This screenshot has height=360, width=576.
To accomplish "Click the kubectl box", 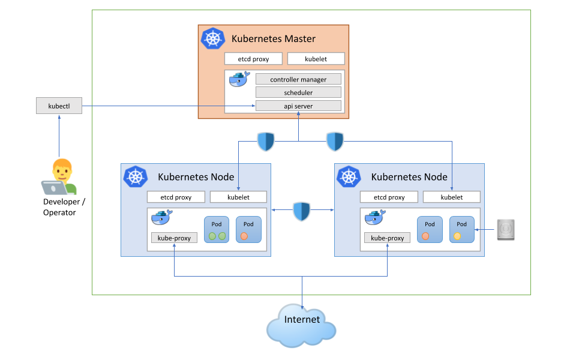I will click(58, 106).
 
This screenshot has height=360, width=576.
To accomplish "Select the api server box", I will click(298, 106).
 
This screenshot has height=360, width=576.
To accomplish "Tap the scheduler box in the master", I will click(298, 92).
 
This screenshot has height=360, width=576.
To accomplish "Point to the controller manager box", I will click(298, 79).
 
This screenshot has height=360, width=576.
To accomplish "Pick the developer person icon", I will click(60, 176).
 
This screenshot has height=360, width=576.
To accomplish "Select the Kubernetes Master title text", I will click(274, 39).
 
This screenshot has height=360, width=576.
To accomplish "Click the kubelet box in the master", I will click(316, 59).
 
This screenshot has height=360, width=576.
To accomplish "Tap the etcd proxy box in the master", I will click(253, 59).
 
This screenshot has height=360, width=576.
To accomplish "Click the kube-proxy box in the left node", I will click(174, 238).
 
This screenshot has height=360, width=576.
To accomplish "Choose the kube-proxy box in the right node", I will click(387, 238).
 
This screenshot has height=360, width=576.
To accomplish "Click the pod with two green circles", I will click(217, 230).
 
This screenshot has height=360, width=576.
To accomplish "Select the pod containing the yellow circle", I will click(461, 230).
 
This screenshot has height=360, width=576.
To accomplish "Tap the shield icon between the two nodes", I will click(302, 211).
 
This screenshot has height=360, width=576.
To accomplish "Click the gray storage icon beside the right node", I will click(506, 230).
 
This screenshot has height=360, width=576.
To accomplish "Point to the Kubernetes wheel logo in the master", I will click(212, 39).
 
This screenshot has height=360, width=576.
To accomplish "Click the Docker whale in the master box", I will click(239, 80).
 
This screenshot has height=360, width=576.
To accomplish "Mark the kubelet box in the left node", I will click(239, 197).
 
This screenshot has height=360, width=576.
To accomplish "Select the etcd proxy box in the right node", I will click(389, 197).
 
